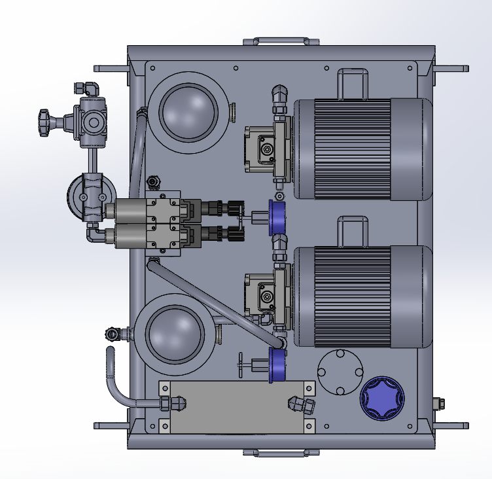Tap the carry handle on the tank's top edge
[281, 41]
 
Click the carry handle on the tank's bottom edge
[281, 452]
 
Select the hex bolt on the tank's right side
[438, 404]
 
